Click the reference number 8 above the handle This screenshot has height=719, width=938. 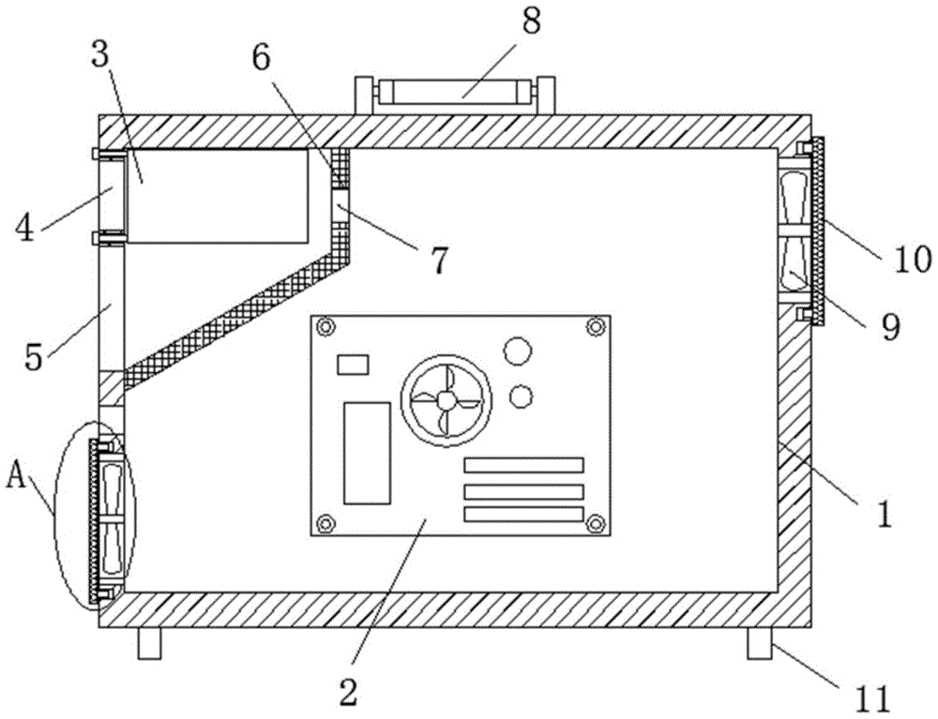pos(532,21)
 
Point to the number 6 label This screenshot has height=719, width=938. pos(260,57)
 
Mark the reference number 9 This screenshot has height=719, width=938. pos(888,325)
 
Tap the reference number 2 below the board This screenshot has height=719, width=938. pos(348,692)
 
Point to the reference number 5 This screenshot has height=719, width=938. pos(34,357)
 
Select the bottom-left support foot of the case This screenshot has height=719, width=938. pos(149,644)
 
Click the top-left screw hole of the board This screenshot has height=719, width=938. pos(325,328)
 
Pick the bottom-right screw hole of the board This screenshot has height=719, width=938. pos(594,522)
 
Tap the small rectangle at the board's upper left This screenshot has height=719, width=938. pos(354,364)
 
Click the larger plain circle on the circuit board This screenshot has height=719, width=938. pos(517,352)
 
